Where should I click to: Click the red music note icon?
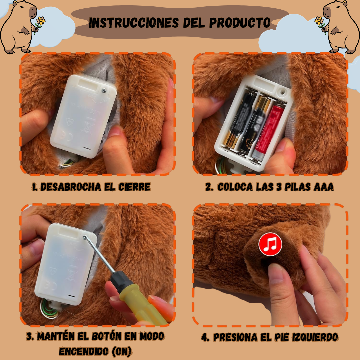click(270, 244)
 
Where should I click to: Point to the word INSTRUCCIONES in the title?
click(134, 22)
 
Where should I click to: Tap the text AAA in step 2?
click(324, 187)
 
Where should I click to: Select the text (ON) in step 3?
click(121, 351)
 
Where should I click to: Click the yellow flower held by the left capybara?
click(41, 21)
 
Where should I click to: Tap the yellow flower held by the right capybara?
click(319, 21)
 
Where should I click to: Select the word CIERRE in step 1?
click(134, 187)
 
